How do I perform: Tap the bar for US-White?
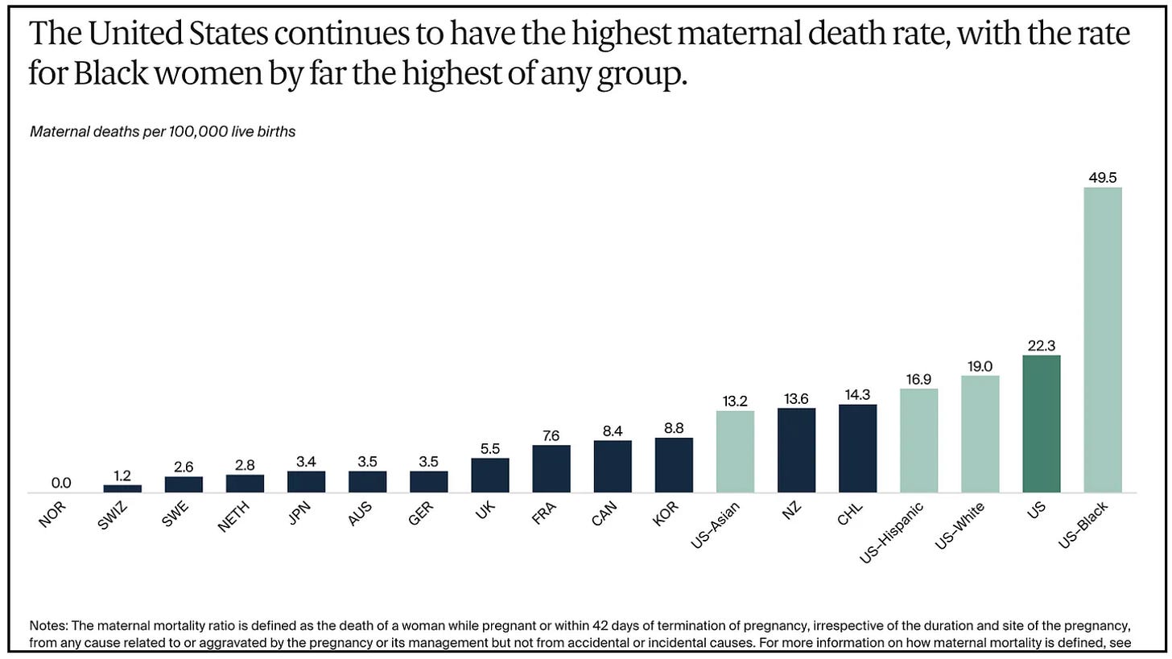(980, 435)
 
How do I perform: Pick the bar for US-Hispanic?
(919, 441)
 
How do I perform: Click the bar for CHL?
(858, 448)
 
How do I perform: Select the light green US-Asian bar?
(735, 451)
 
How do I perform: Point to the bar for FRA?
(551, 469)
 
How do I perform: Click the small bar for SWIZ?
(122, 488)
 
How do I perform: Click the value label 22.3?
(1042, 346)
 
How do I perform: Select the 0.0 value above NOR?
(61, 483)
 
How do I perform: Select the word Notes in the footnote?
(48, 625)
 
